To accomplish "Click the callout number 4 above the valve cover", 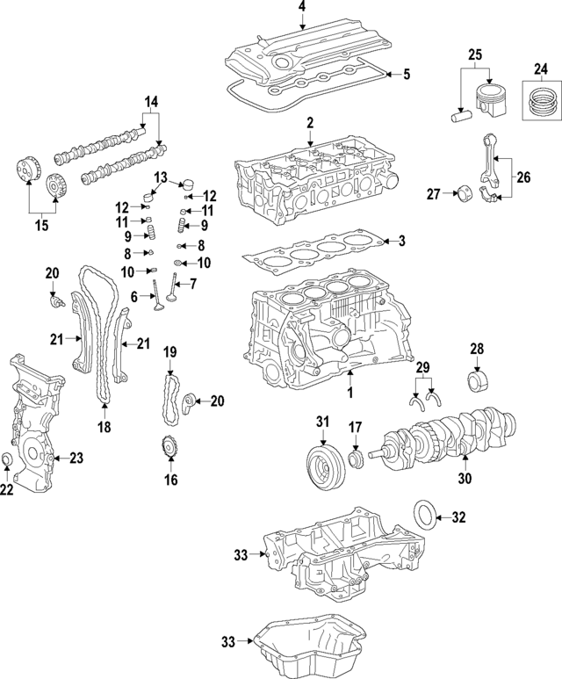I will pos(301,8).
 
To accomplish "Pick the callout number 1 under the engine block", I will pos(349,391).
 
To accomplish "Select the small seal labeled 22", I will pos(7,462).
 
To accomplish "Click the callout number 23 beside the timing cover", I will pos(76,458).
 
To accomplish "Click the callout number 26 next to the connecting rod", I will pos(523,177).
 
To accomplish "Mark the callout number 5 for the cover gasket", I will pos(407,75).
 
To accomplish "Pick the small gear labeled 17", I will pos(357,459).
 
